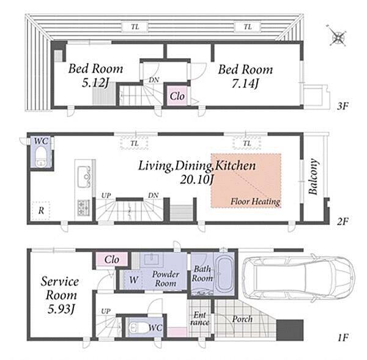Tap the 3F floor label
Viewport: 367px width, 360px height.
343,106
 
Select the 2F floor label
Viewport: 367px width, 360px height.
343,221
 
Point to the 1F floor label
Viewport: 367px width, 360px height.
343,337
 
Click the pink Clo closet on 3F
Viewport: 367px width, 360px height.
177,96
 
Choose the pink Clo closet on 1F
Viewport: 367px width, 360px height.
112,259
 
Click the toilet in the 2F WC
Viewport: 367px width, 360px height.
41,156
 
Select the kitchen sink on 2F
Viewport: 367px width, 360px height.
84,177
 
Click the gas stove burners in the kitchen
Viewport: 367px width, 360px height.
84,208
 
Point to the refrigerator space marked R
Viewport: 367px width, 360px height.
41,210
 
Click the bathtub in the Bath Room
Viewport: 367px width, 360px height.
224,274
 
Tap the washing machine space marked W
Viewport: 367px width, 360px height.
133,279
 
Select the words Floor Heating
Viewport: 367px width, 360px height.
255,202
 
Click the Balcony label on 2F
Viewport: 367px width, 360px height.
314,177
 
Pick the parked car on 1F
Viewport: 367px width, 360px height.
298,278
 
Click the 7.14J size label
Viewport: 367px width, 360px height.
245,83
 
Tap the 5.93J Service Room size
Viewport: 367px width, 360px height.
61,309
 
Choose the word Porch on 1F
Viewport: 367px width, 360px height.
242,319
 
